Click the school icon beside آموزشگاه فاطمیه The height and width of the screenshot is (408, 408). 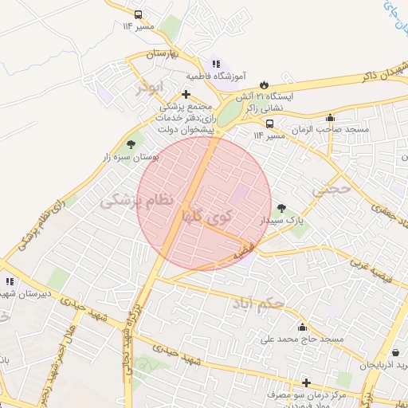214,64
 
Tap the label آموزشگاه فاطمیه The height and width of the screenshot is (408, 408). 216,76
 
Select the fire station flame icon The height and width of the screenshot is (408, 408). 264,84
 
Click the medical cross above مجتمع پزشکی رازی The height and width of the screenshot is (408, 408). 185,94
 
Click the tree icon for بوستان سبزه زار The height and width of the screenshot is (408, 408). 130,145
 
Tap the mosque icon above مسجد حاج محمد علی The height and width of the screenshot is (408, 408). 301,327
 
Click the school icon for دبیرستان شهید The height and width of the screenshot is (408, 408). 10,281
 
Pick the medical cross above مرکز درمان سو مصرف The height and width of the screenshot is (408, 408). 305,382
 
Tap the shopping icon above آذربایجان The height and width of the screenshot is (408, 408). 396,352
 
